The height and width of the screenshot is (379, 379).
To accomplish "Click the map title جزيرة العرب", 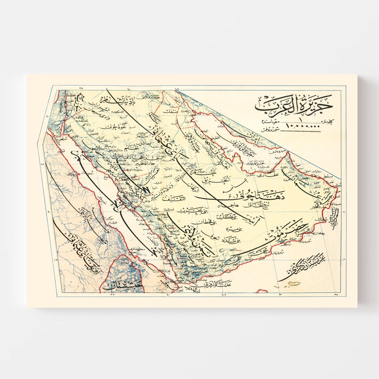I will click(294, 104).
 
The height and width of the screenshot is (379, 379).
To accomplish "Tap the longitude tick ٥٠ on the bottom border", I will click(280, 295).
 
